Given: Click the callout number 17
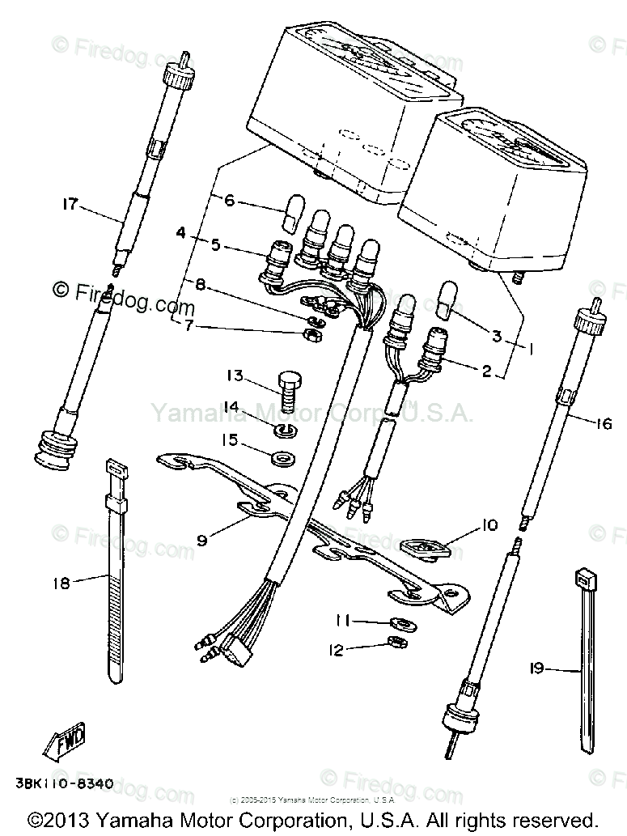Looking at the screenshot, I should (70, 204).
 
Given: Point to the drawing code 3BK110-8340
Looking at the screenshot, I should (63, 783).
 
